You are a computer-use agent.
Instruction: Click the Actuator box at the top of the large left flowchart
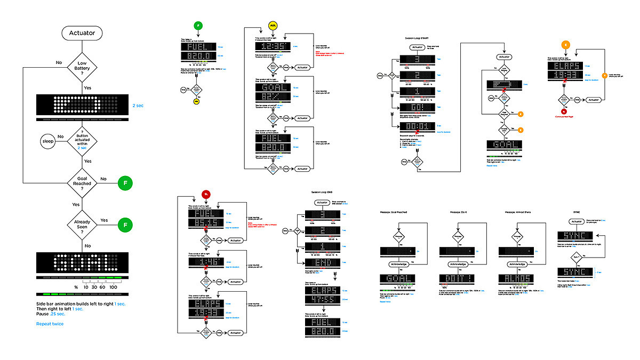[82, 33]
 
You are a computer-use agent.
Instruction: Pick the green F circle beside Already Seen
[125, 225]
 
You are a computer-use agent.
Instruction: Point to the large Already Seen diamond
[82, 225]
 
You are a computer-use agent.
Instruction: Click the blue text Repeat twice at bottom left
[50, 324]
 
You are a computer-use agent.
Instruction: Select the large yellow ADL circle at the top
[273, 26]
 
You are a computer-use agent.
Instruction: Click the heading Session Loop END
[322, 192]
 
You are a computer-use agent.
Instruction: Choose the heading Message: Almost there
[519, 212]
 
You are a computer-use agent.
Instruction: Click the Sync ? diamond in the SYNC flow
[576, 257]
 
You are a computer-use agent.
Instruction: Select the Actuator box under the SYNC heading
[576, 221]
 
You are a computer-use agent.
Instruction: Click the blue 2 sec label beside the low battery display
[138, 106]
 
